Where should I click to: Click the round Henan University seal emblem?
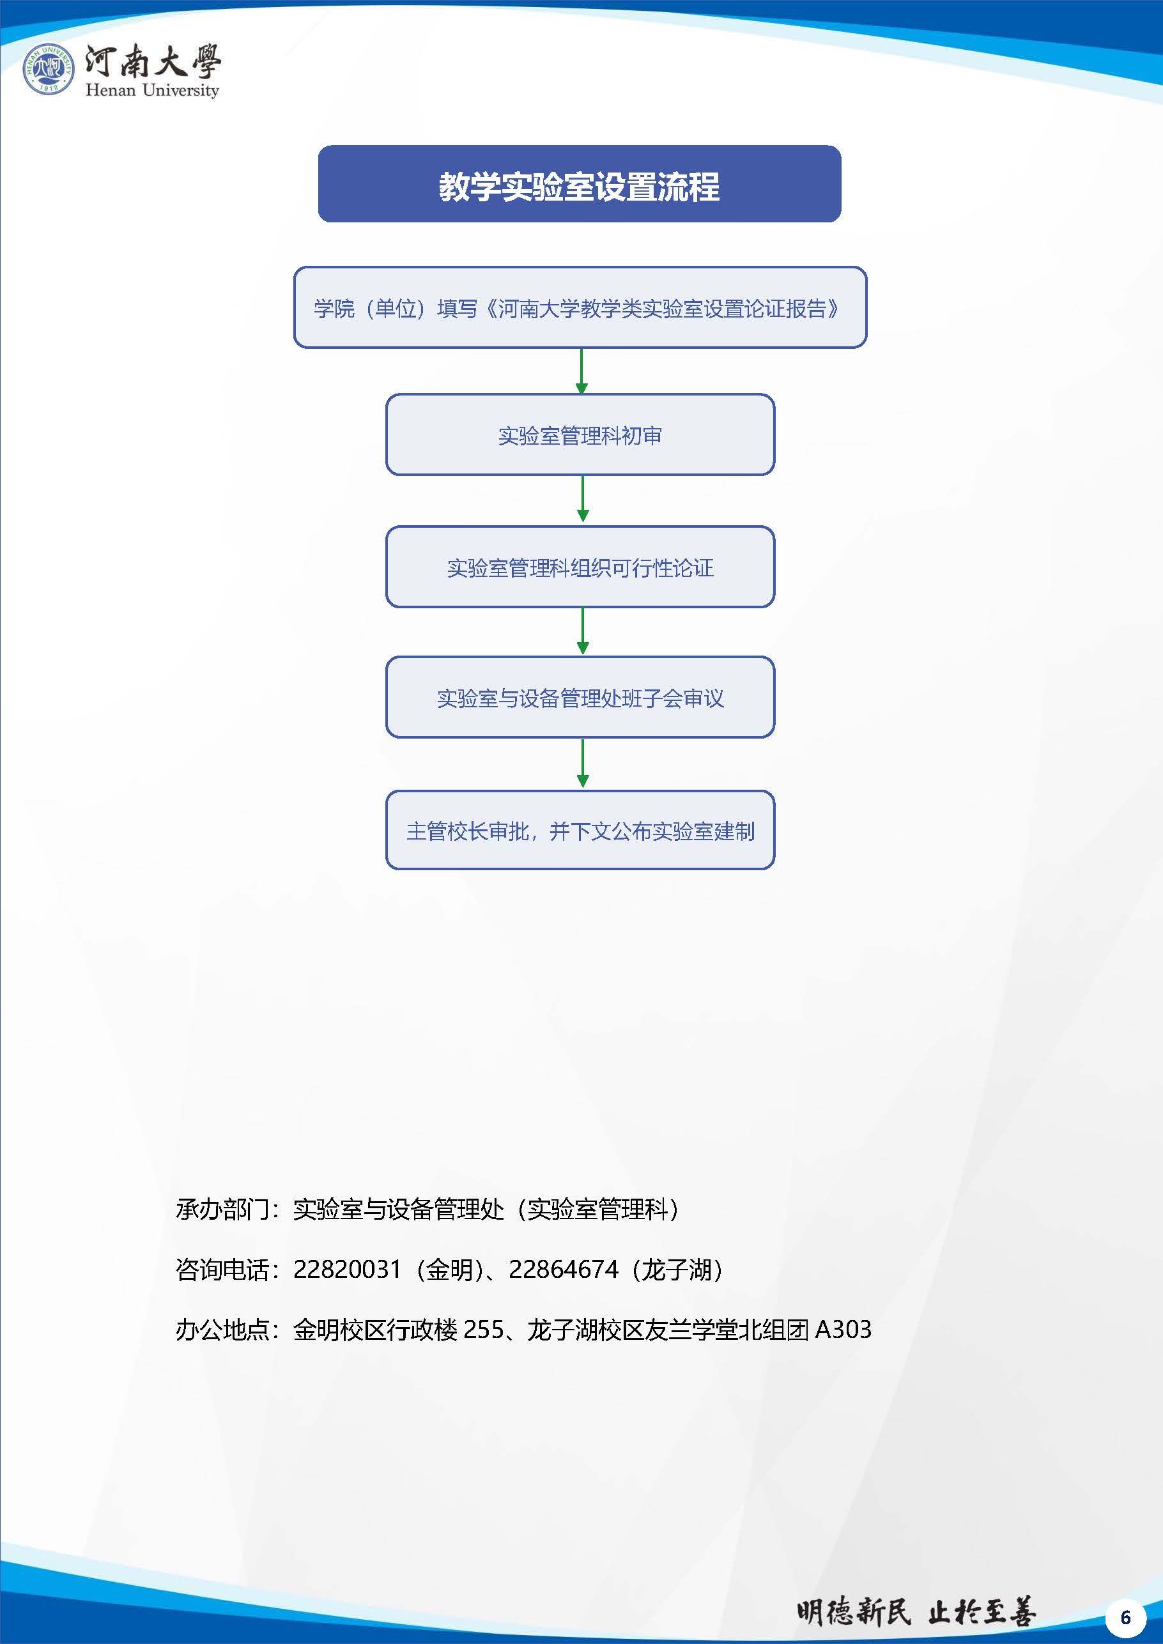pyautogui.click(x=49, y=69)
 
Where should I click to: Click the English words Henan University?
pyautogui.click(x=152, y=90)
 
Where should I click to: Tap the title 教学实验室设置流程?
pyautogui.click(x=580, y=186)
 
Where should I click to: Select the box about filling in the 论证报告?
pyautogui.click(x=580, y=308)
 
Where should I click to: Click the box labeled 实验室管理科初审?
pyautogui.click(x=580, y=434)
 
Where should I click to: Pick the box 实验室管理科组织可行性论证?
pyautogui.click(x=580, y=567)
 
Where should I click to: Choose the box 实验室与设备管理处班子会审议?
pyautogui.click(x=580, y=698)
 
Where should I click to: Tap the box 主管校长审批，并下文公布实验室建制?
pyautogui.click(x=580, y=831)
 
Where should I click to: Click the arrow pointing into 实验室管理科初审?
pyautogui.click(x=581, y=371)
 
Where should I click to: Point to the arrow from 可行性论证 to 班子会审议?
pyautogui.click(x=582, y=631)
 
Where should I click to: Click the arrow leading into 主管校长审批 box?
pyautogui.click(x=582, y=764)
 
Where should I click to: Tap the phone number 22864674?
pyautogui.click(x=563, y=1270)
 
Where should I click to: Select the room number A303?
pyautogui.click(x=843, y=1330)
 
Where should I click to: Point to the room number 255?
pyautogui.click(x=484, y=1330)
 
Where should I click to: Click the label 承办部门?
pyautogui.click(x=222, y=1210)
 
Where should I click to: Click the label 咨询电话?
pyautogui.click(x=222, y=1270)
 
